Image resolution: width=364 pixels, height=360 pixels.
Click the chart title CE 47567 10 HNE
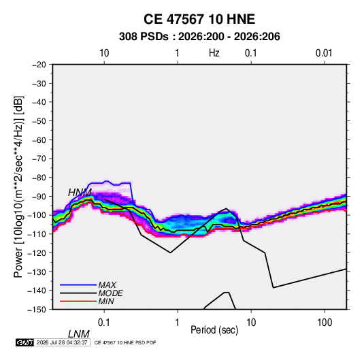click(199, 19)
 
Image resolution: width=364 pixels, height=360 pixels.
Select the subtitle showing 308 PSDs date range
click(199, 37)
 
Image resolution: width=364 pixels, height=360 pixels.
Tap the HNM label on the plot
click(80, 193)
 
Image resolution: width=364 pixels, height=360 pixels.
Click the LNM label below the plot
click(78, 334)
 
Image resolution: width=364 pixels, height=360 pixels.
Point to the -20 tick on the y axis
click(39, 65)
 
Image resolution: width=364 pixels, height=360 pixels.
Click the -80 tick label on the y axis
click(39, 178)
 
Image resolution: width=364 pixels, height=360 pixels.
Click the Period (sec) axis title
click(214, 330)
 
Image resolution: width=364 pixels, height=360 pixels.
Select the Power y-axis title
click(18, 187)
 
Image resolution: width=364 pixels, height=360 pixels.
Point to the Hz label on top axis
click(214, 53)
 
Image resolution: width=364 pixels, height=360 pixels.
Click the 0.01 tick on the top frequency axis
click(324, 53)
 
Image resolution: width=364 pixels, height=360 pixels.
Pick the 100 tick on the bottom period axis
click(325, 323)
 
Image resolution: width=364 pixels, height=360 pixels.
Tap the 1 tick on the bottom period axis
click(178, 323)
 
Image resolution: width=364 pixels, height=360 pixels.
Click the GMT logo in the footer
click(25, 342)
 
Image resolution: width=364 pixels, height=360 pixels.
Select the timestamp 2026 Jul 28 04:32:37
click(62, 342)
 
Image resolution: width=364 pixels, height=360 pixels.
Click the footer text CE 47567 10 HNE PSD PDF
click(125, 343)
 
